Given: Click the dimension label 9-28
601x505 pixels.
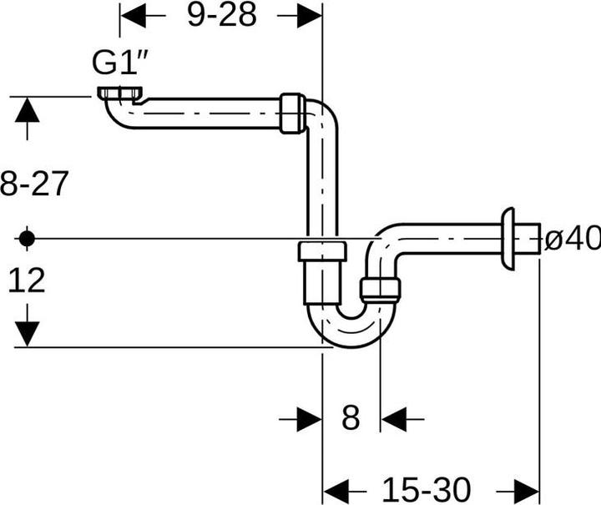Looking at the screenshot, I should pyautogui.click(x=221, y=15).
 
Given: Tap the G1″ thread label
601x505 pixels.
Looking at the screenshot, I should pyautogui.click(x=119, y=63).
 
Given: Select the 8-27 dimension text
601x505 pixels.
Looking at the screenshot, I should pyautogui.click(x=33, y=184).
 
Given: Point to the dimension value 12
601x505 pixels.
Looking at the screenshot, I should pyautogui.click(x=27, y=281).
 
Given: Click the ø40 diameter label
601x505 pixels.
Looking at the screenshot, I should pyautogui.click(x=572, y=239).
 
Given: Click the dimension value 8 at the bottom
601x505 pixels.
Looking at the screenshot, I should pyautogui.click(x=351, y=417).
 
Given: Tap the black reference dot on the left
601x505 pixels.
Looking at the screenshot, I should pyautogui.click(x=27, y=239).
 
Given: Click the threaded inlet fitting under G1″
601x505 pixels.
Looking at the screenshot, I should pyautogui.click(x=121, y=93).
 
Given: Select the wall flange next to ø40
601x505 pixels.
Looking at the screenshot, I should pyautogui.click(x=507, y=239).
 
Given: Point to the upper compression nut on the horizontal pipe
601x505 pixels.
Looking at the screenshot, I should pyautogui.click(x=291, y=114).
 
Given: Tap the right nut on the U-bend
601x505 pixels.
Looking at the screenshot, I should pyautogui.click(x=381, y=289).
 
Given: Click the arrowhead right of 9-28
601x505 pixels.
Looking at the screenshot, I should pyautogui.click(x=308, y=15).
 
